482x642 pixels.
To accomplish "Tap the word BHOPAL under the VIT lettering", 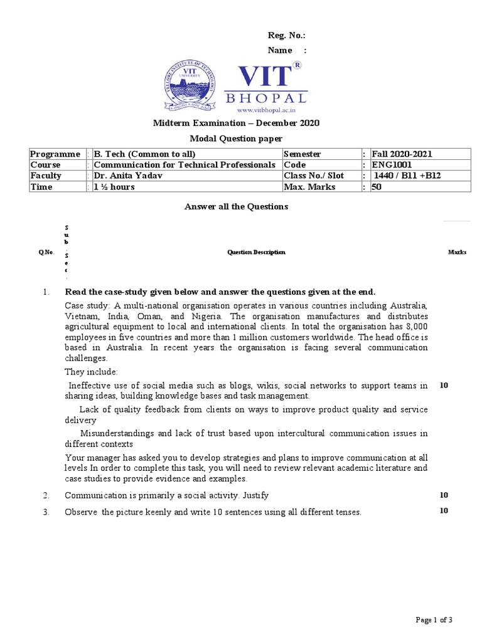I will [266, 98].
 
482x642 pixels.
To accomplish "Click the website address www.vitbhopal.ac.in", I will [266, 110].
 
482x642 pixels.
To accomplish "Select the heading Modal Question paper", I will [237, 138].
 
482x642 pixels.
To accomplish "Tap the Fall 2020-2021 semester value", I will [402, 154].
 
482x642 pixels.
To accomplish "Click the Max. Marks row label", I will [309, 187].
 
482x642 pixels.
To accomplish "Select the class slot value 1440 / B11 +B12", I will [406, 176].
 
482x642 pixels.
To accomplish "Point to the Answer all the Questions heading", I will [235, 206].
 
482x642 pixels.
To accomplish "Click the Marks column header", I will [457, 252].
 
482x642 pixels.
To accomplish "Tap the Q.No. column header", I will [46, 252].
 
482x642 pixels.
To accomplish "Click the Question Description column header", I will [256, 252].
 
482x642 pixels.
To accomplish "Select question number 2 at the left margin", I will [46, 495].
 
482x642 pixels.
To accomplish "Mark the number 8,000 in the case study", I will [417, 327].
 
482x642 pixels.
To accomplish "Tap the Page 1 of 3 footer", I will [434, 620].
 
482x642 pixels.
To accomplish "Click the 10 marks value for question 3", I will [444, 510].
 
